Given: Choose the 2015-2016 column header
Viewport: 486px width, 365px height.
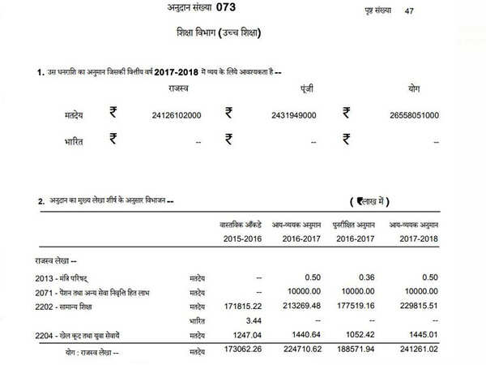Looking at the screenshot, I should [241, 238].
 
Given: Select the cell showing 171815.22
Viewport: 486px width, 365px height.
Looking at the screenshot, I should [241, 306].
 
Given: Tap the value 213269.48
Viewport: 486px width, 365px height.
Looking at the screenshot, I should [301, 306].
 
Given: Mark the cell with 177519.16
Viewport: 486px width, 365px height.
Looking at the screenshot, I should [356, 306].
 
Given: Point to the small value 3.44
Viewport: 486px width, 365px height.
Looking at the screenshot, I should [252, 320].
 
